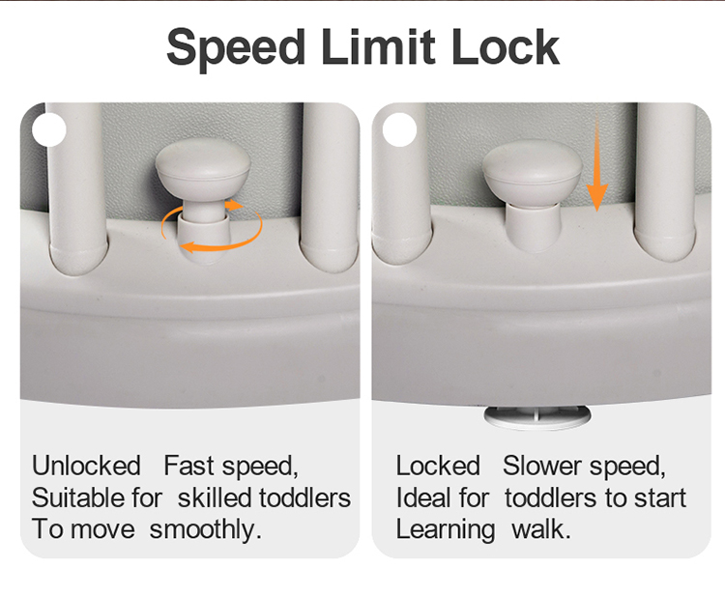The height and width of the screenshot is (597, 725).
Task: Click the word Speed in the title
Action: point(236,48)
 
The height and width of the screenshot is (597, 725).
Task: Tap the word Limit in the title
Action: point(378,46)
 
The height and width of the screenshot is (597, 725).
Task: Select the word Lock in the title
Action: point(506,46)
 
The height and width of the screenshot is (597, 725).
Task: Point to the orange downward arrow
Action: point(597,164)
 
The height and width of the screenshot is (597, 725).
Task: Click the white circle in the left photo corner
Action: point(48,129)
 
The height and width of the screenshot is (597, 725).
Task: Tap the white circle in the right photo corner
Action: point(399,129)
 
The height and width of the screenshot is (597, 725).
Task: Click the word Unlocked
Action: point(86,466)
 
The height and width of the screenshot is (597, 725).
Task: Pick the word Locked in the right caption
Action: point(438,466)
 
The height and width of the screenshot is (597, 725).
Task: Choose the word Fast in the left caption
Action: point(189,466)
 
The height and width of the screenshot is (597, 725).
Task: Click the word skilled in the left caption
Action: point(215,497)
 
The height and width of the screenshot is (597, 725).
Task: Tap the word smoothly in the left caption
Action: point(205,530)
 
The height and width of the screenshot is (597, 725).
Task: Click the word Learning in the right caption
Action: point(446,530)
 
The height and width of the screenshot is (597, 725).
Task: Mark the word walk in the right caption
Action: point(541,529)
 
